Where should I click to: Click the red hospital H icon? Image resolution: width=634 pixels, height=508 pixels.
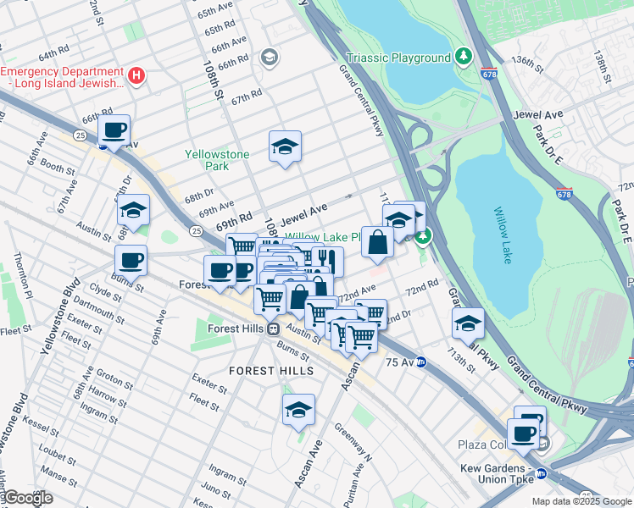(x=137, y=76)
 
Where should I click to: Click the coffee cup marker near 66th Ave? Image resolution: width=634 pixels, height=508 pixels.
(x=114, y=131)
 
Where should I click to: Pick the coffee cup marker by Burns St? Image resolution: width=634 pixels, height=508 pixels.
(x=131, y=261)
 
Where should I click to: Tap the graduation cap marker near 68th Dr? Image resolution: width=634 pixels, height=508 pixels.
(x=133, y=210)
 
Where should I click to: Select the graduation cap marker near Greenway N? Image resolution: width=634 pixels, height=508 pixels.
(x=298, y=410)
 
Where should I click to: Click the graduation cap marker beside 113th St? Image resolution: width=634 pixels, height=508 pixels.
(x=468, y=323)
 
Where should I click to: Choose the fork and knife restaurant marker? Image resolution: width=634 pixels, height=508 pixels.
(x=326, y=261)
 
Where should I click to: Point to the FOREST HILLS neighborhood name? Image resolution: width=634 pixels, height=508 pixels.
(x=271, y=371)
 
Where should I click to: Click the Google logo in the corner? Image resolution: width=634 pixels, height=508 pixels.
(x=27, y=498)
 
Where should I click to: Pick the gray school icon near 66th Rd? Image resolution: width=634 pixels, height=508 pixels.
(x=270, y=58)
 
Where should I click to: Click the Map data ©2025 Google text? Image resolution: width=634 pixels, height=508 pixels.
(x=581, y=501)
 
